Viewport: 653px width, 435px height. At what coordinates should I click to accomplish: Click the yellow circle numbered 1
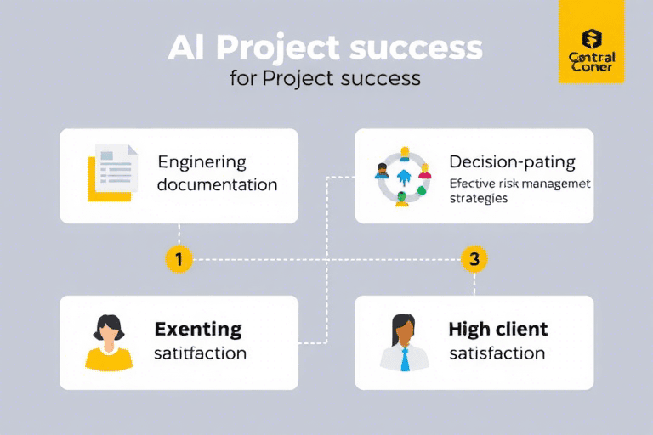pos(179,259)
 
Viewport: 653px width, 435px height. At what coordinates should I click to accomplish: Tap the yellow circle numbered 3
pos(474,259)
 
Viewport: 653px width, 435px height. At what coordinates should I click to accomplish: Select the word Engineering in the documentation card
pos(202,162)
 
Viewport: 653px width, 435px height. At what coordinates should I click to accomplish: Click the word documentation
pos(217,184)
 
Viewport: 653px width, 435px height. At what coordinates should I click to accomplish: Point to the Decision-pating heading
pos(512,161)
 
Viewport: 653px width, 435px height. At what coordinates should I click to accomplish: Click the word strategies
pos(479,198)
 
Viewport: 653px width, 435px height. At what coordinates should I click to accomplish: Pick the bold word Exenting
pos(198,329)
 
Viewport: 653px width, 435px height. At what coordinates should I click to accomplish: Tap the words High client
pos(497,329)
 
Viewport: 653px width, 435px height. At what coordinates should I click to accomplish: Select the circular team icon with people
pos(403,176)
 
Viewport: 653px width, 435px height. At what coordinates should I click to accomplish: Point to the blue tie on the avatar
pos(404,359)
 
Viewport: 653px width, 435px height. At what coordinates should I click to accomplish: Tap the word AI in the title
pos(185,48)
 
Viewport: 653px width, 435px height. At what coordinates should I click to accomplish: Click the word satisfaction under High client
pos(497,353)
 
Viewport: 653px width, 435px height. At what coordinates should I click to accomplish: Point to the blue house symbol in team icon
pos(403,175)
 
